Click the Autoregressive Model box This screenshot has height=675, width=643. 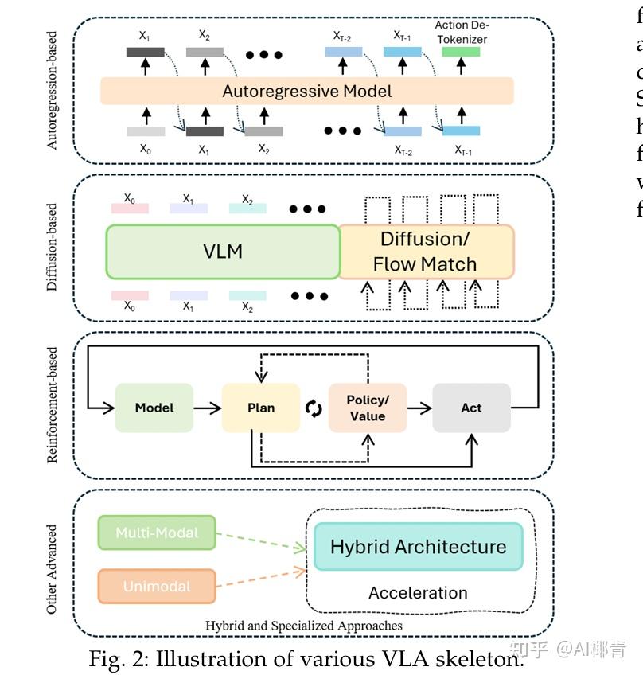[x=306, y=91]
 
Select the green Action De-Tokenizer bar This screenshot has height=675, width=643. [x=461, y=52]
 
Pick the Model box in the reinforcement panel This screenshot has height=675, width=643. [x=154, y=408]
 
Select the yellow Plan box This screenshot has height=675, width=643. [x=260, y=408]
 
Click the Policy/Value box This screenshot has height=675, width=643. [x=367, y=408]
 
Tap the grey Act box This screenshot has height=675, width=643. [x=471, y=408]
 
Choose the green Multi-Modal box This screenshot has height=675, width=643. [x=156, y=533]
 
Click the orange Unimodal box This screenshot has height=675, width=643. [x=156, y=587]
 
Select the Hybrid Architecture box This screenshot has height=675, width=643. [x=418, y=547]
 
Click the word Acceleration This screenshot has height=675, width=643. [x=418, y=593]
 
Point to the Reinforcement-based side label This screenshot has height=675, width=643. [x=53, y=404]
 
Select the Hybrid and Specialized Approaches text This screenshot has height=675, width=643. [x=303, y=626]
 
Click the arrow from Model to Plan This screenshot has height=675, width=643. [x=207, y=408]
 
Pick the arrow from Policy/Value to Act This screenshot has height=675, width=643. [x=419, y=408]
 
